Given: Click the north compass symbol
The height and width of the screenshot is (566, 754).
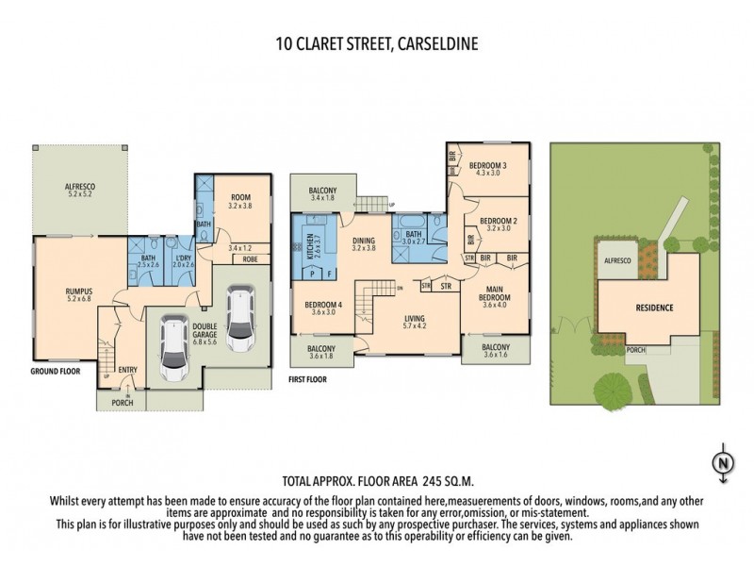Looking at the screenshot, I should point(722,462).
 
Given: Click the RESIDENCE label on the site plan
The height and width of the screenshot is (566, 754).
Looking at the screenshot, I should point(653,308).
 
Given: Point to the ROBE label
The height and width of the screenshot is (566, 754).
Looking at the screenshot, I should point(250,258).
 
